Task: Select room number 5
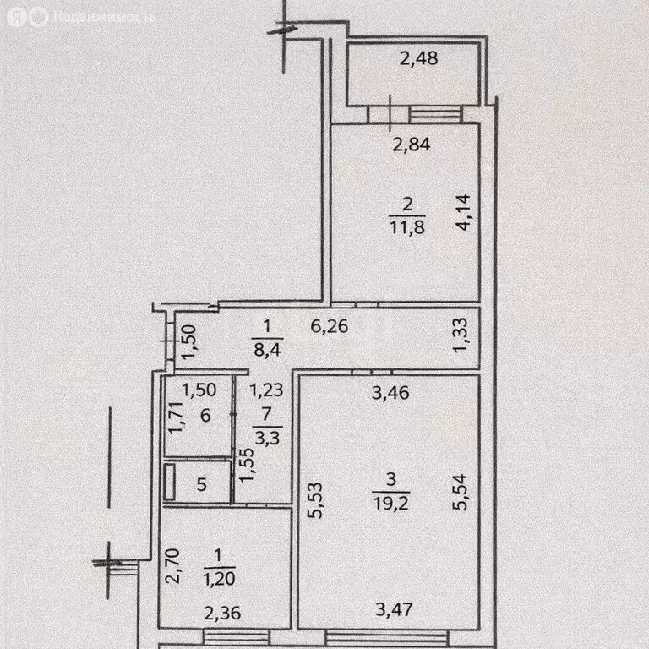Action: tap(201, 484)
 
